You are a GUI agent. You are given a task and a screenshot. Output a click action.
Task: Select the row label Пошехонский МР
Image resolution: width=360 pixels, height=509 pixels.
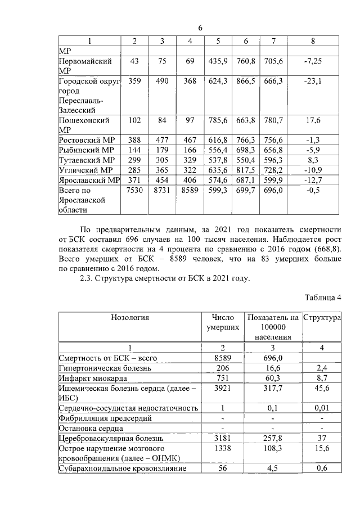click(x=84, y=124)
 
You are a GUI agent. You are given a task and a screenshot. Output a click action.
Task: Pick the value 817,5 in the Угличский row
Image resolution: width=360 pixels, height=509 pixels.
click(x=246, y=169)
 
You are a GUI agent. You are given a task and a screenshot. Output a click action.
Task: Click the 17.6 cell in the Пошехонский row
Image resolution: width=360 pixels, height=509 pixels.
click(x=313, y=120)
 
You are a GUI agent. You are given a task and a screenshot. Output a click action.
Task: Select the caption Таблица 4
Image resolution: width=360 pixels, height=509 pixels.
click(x=323, y=298)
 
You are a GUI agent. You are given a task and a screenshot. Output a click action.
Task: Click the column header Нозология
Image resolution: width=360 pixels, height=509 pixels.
click(x=129, y=317)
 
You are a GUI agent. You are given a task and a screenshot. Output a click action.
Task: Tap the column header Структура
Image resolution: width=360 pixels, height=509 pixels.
click(x=322, y=317)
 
